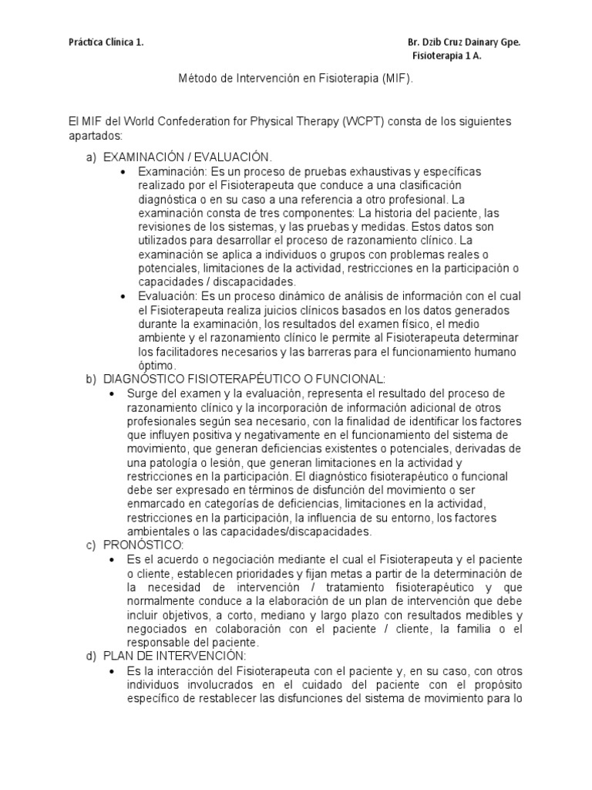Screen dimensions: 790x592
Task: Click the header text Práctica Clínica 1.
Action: click(x=106, y=43)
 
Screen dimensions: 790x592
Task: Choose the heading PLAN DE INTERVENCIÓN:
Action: click(x=173, y=657)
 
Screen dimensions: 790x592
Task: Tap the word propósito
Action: click(x=491, y=684)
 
